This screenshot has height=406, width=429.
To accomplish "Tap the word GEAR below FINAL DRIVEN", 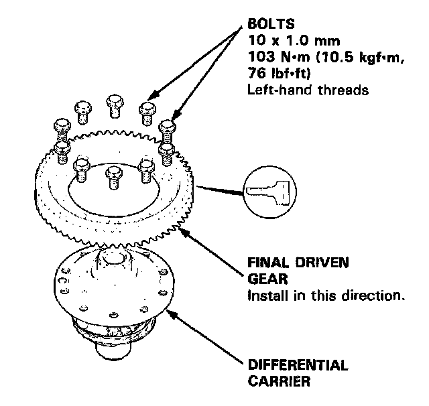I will [264, 279].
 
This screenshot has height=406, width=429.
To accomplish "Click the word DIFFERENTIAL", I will [298, 365].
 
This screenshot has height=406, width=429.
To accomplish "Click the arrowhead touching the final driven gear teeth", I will [183, 230].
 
